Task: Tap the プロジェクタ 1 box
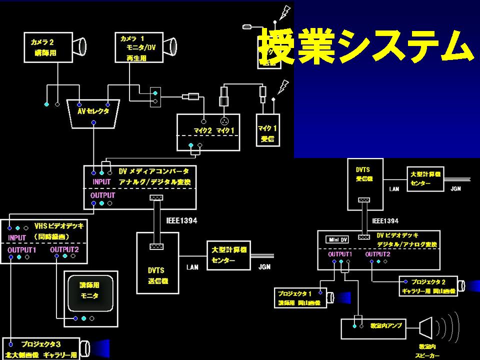[300, 298]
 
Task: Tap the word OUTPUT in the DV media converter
[102, 195]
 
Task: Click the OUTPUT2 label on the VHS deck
[64, 249]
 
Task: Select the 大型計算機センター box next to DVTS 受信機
[425, 179]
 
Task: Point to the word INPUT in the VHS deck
[17, 237]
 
